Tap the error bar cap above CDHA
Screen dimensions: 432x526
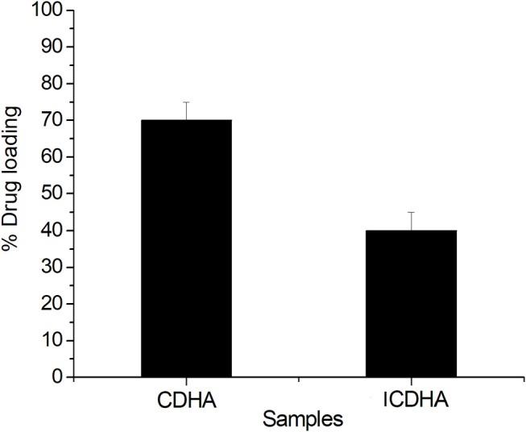(186, 102)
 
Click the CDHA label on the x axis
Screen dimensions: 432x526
(186, 399)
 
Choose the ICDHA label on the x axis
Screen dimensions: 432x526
(411, 399)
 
